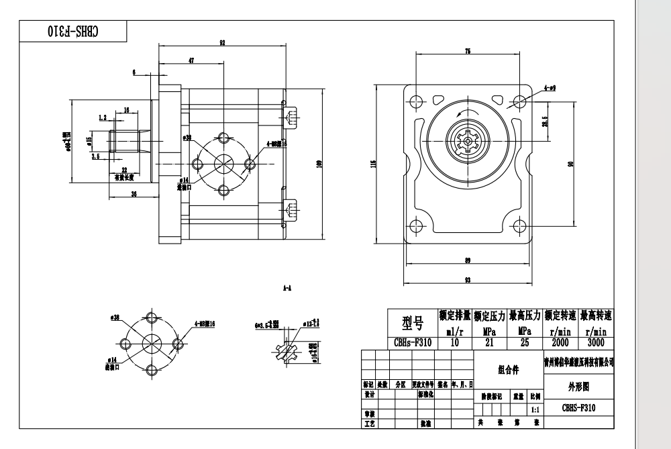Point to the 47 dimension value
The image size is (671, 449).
click(191, 60)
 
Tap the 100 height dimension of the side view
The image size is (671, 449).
click(319, 163)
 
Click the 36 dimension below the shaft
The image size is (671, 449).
click(134, 194)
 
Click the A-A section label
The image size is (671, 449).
click(287, 287)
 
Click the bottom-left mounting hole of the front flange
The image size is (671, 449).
click(415, 226)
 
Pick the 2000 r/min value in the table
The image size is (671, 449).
click(562, 342)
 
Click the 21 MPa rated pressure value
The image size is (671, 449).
click(491, 342)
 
